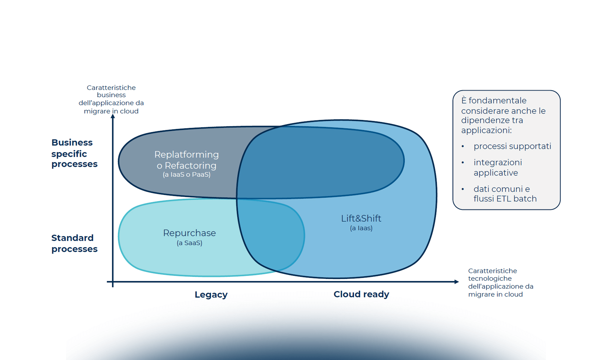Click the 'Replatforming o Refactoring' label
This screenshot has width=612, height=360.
tap(186, 160)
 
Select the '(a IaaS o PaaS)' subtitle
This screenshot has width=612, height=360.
tap(186, 175)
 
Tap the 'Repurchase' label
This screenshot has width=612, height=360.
tap(189, 233)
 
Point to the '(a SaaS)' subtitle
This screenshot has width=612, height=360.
tap(189, 243)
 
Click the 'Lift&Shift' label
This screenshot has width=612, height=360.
tap(361, 218)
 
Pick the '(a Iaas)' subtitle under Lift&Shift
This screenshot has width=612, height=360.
tap(361, 228)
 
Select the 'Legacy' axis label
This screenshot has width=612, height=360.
tap(211, 295)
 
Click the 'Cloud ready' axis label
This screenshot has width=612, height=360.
tap(361, 294)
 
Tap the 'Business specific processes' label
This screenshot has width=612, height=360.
tap(74, 153)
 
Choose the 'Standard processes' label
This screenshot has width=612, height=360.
tap(74, 243)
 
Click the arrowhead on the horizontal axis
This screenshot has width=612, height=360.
tap(457, 282)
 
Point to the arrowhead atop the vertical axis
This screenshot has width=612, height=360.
tap(113, 116)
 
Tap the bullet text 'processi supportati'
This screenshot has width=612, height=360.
tap(512, 146)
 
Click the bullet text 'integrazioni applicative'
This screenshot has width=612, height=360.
tap(497, 167)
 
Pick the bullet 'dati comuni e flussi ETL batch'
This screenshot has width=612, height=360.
tap(505, 194)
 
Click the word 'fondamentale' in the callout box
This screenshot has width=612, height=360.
tap(497, 100)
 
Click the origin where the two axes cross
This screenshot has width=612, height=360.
tap(113, 282)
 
